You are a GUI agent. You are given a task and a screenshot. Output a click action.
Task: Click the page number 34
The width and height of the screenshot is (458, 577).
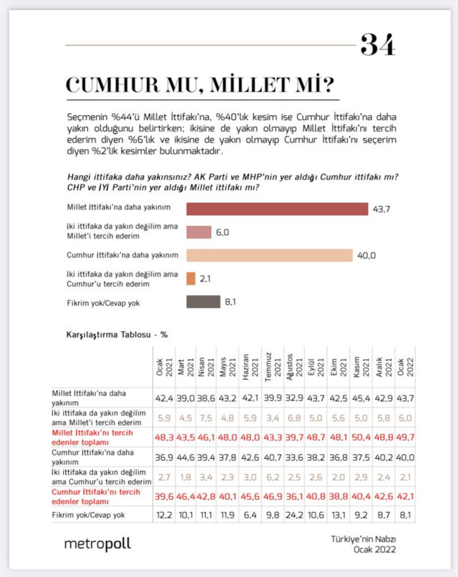tap(379, 45)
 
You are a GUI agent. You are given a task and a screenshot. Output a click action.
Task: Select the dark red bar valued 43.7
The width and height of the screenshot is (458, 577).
tap(277, 209)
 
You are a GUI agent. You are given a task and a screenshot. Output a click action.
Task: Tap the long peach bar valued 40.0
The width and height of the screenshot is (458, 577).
tap(269, 255)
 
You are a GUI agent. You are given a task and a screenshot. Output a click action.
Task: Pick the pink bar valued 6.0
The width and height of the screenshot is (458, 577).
tap(199, 232)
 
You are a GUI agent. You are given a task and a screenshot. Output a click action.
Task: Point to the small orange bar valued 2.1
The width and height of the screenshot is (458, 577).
tap(191, 278)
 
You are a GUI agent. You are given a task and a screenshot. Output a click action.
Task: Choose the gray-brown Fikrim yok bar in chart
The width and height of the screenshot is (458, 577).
tap(203, 302)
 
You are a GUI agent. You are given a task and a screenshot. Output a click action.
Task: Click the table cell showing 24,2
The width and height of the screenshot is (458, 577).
tap(292, 513)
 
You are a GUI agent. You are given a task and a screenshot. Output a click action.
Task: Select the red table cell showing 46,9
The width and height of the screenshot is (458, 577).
tap(270, 494)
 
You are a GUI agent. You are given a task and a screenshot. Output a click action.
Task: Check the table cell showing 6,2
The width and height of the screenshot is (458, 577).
tap(270, 475)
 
